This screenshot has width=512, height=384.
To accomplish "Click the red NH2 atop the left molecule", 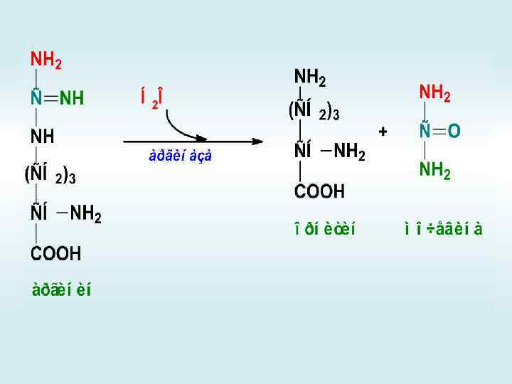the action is [46, 60].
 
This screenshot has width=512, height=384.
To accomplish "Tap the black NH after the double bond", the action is [72, 99].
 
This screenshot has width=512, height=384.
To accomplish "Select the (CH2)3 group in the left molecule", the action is [50, 174].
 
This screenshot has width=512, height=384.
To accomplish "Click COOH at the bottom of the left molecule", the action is [55, 253].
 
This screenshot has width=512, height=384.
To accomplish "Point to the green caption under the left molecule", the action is [61, 290].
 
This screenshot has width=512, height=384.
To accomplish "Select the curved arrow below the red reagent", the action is [184, 127].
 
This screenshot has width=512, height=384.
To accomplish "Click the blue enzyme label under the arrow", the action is [180, 156].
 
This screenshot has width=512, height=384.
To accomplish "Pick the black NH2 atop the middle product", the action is [310, 77].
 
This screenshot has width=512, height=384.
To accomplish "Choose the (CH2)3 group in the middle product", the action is [313, 112].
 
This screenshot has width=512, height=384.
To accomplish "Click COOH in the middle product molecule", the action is [320, 191].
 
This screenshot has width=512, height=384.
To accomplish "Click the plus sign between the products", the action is [383, 132].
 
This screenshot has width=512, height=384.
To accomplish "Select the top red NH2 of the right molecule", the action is [434, 92].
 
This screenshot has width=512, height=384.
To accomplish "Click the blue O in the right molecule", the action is [454, 132].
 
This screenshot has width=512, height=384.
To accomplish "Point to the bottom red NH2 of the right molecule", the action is [434, 170].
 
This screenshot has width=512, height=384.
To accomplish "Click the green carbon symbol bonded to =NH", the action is [35, 99].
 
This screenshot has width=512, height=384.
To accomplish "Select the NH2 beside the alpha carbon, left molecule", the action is [85, 214].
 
